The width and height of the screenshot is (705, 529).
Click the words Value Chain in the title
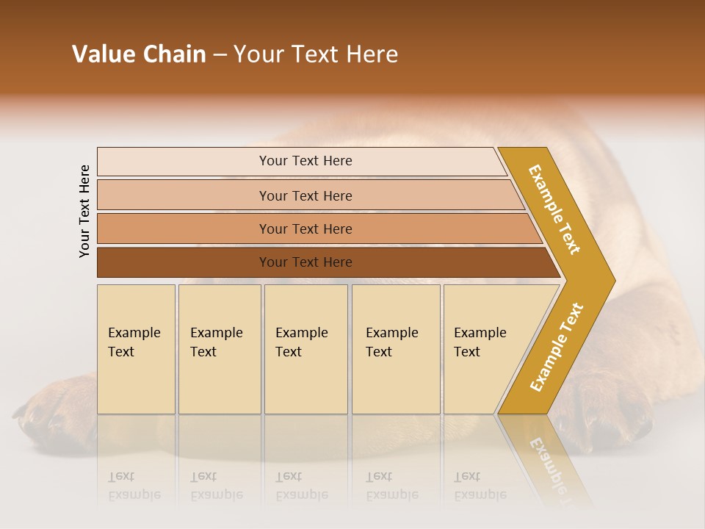pos(139,54)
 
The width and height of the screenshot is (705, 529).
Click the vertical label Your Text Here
pos(84,211)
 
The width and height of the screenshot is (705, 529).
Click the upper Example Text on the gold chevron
pos(554,209)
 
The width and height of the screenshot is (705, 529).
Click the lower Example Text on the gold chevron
pos(557,348)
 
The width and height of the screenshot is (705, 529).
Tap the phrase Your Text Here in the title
pos(316,54)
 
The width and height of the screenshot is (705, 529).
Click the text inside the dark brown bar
pos(305,262)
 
